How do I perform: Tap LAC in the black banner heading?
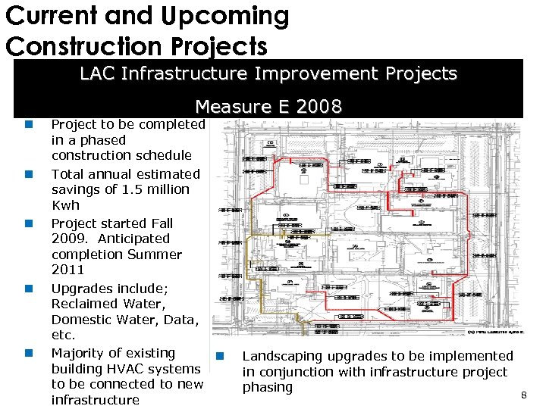coord(98,73)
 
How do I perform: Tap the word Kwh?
coord(65,205)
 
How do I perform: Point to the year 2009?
coord(67,239)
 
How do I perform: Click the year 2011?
coord(67,270)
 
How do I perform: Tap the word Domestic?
coord(82,320)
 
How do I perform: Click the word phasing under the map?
coord(267,387)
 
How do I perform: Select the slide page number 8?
coord(523,395)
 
